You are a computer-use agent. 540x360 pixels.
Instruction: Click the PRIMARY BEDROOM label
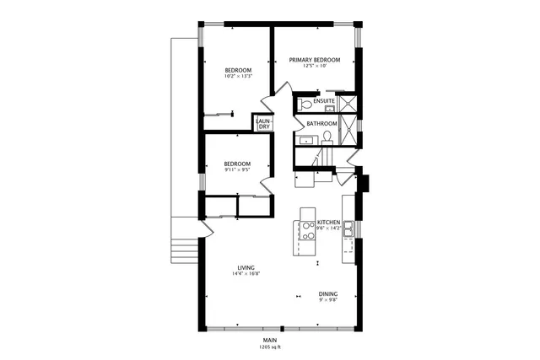click(x=315, y=60)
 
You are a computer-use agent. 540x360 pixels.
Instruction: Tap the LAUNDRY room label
click(x=263, y=124)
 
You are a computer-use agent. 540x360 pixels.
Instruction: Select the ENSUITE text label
click(x=324, y=102)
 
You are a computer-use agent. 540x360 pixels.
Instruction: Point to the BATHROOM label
click(x=321, y=124)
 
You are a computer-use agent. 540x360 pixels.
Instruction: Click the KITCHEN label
click(x=328, y=223)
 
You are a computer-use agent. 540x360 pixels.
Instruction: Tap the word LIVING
click(x=246, y=267)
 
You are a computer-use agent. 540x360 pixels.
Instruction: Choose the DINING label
click(x=329, y=293)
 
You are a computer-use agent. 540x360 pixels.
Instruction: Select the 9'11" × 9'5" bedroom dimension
click(x=237, y=170)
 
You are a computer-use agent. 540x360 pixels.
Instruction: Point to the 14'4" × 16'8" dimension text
click(x=246, y=274)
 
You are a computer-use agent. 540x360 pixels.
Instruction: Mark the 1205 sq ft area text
click(x=270, y=347)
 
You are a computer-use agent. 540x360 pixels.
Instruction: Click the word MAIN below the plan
click(x=270, y=340)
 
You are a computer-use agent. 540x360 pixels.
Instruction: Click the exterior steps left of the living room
click(x=182, y=250)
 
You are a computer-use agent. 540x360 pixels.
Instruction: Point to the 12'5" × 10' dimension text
click(x=315, y=67)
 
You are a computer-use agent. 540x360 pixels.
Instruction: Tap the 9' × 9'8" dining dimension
click(x=329, y=300)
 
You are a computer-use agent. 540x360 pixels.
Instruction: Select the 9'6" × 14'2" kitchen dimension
click(x=328, y=228)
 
